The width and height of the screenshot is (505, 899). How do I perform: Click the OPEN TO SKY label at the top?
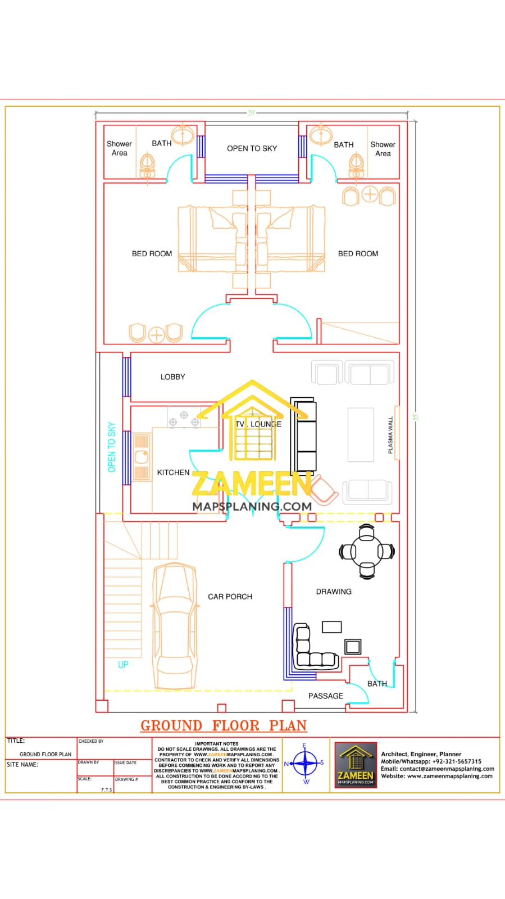(x=252, y=148)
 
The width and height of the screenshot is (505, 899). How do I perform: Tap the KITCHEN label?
(x=173, y=473)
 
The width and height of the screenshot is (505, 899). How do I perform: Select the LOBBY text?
(x=172, y=377)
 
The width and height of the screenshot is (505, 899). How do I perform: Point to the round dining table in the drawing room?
(x=367, y=551)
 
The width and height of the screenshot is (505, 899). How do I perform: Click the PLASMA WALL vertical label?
(x=391, y=435)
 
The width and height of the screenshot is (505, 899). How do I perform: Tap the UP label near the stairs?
(x=123, y=664)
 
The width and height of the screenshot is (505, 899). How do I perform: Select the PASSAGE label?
(x=325, y=696)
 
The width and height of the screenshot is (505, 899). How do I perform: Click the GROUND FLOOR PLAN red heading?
(x=224, y=725)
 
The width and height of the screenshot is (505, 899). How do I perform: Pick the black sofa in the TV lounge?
(x=304, y=434)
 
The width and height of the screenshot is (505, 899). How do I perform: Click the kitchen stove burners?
(x=184, y=417)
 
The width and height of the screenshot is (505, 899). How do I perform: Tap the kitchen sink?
(x=142, y=455)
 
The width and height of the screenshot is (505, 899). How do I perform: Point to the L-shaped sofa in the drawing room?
(x=312, y=649)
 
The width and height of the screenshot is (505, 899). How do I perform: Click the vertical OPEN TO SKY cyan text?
(x=111, y=447)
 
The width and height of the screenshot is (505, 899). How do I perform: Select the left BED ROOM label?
(x=152, y=253)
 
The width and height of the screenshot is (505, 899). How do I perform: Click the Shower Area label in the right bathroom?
(x=383, y=149)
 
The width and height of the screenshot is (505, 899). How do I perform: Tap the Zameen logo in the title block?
(x=356, y=764)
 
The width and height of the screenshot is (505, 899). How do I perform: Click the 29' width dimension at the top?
(x=252, y=113)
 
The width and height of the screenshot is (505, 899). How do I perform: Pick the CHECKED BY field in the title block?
(x=91, y=741)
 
